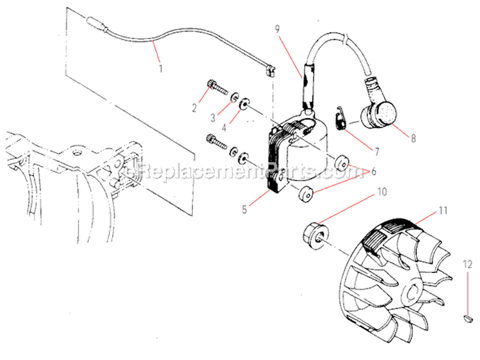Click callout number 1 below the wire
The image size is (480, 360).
point(161,66)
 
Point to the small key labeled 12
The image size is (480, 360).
point(467,316)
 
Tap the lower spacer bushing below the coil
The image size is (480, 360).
point(306,192)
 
